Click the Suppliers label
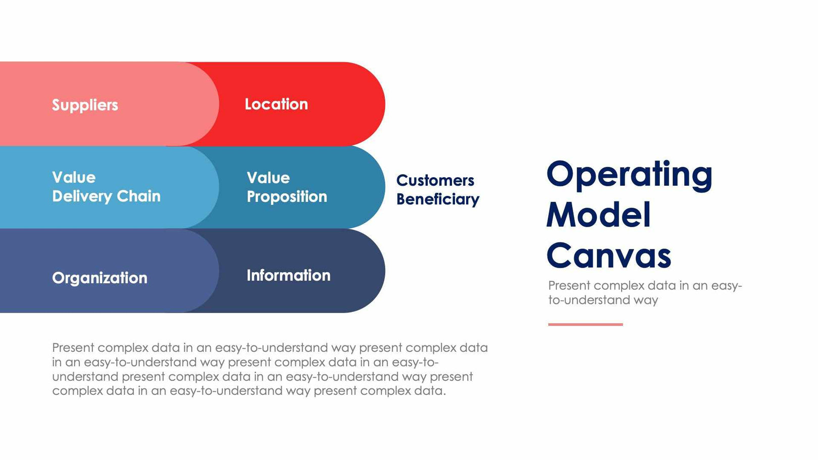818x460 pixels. pyautogui.click(x=85, y=105)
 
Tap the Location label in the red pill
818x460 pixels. pyautogui.click(x=276, y=104)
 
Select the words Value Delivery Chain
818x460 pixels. pyautogui.click(x=106, y=187)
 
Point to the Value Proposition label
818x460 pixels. pyautogui.click(x=287, y=187)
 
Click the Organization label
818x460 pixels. pyautogui.click(x=99, y=278)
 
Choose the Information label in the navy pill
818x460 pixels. pyautogui.click(x=288, y=275)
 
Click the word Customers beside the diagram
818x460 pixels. pyautogui.click(x=435, y=180)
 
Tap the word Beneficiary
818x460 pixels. pyautogui.click(x=438, y=199)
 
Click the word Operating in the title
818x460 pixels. pyautogui.click(x=629, y=174)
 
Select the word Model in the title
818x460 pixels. pyautogui.click(x=598, y=215)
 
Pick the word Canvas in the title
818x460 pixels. pyautogui.click(x=608, y=255)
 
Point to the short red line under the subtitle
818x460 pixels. pyautogui.click(x=585, y=324)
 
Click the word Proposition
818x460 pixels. pyautogui.click(x=287, y=197)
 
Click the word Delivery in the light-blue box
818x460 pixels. pyautogui.click(x=82, y=196)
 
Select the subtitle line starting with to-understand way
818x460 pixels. pyautogui.click(x=603, y=300)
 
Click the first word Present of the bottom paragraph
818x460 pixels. pyautogui.click(x=73, y=347)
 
